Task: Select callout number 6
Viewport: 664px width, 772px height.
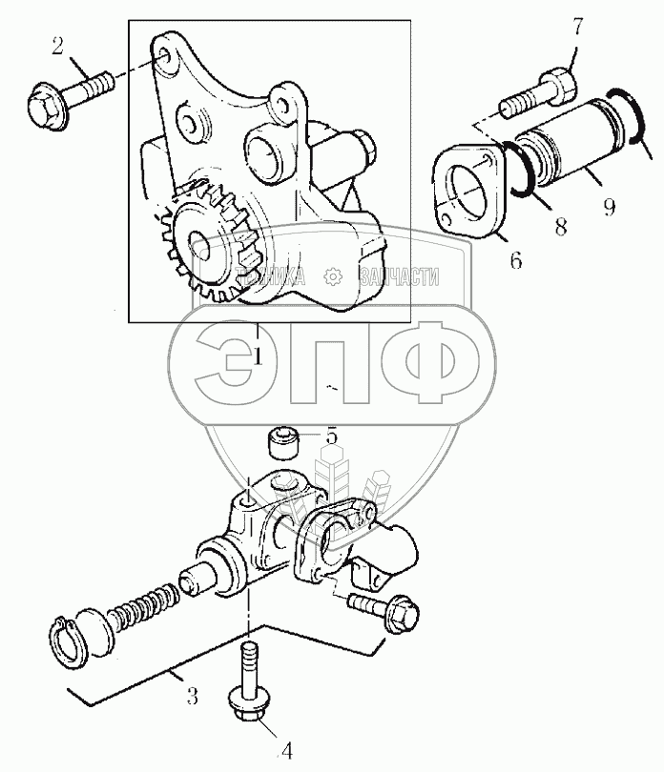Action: (515, 258)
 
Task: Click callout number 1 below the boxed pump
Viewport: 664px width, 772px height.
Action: (258, 356)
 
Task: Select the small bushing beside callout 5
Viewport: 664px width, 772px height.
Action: (282, 443)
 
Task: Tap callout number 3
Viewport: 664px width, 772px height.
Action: (192, 697)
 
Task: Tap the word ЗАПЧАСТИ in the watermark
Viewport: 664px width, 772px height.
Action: (399, 277)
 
